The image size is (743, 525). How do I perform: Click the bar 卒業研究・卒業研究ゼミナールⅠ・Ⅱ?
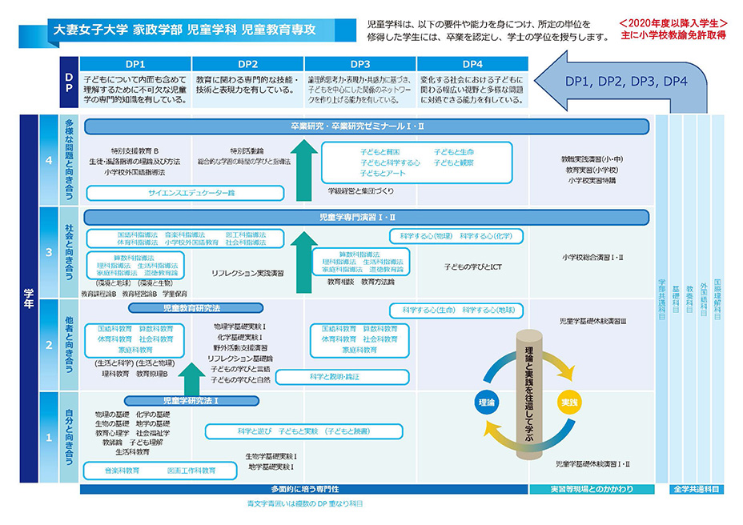[x=368, y=126]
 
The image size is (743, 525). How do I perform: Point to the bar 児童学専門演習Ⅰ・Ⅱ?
[x=368, y=217]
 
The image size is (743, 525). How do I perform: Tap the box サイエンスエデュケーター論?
[x=185, y=193]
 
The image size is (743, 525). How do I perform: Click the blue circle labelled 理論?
[x=487, y=402]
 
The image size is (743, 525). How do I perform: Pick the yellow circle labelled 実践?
[x=568, y=402]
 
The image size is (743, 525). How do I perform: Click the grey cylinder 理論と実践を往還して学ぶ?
[x=530, y=392]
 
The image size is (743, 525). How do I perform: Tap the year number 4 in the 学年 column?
[x=49, y=160]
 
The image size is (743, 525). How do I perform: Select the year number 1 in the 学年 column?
[x=49, y=437]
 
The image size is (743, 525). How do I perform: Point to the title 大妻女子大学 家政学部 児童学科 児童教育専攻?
[x=183, y=30]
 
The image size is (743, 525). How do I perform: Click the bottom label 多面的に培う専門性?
[x=304, y=489]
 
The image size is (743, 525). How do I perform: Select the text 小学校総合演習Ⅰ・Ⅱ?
[x=592, y=257]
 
